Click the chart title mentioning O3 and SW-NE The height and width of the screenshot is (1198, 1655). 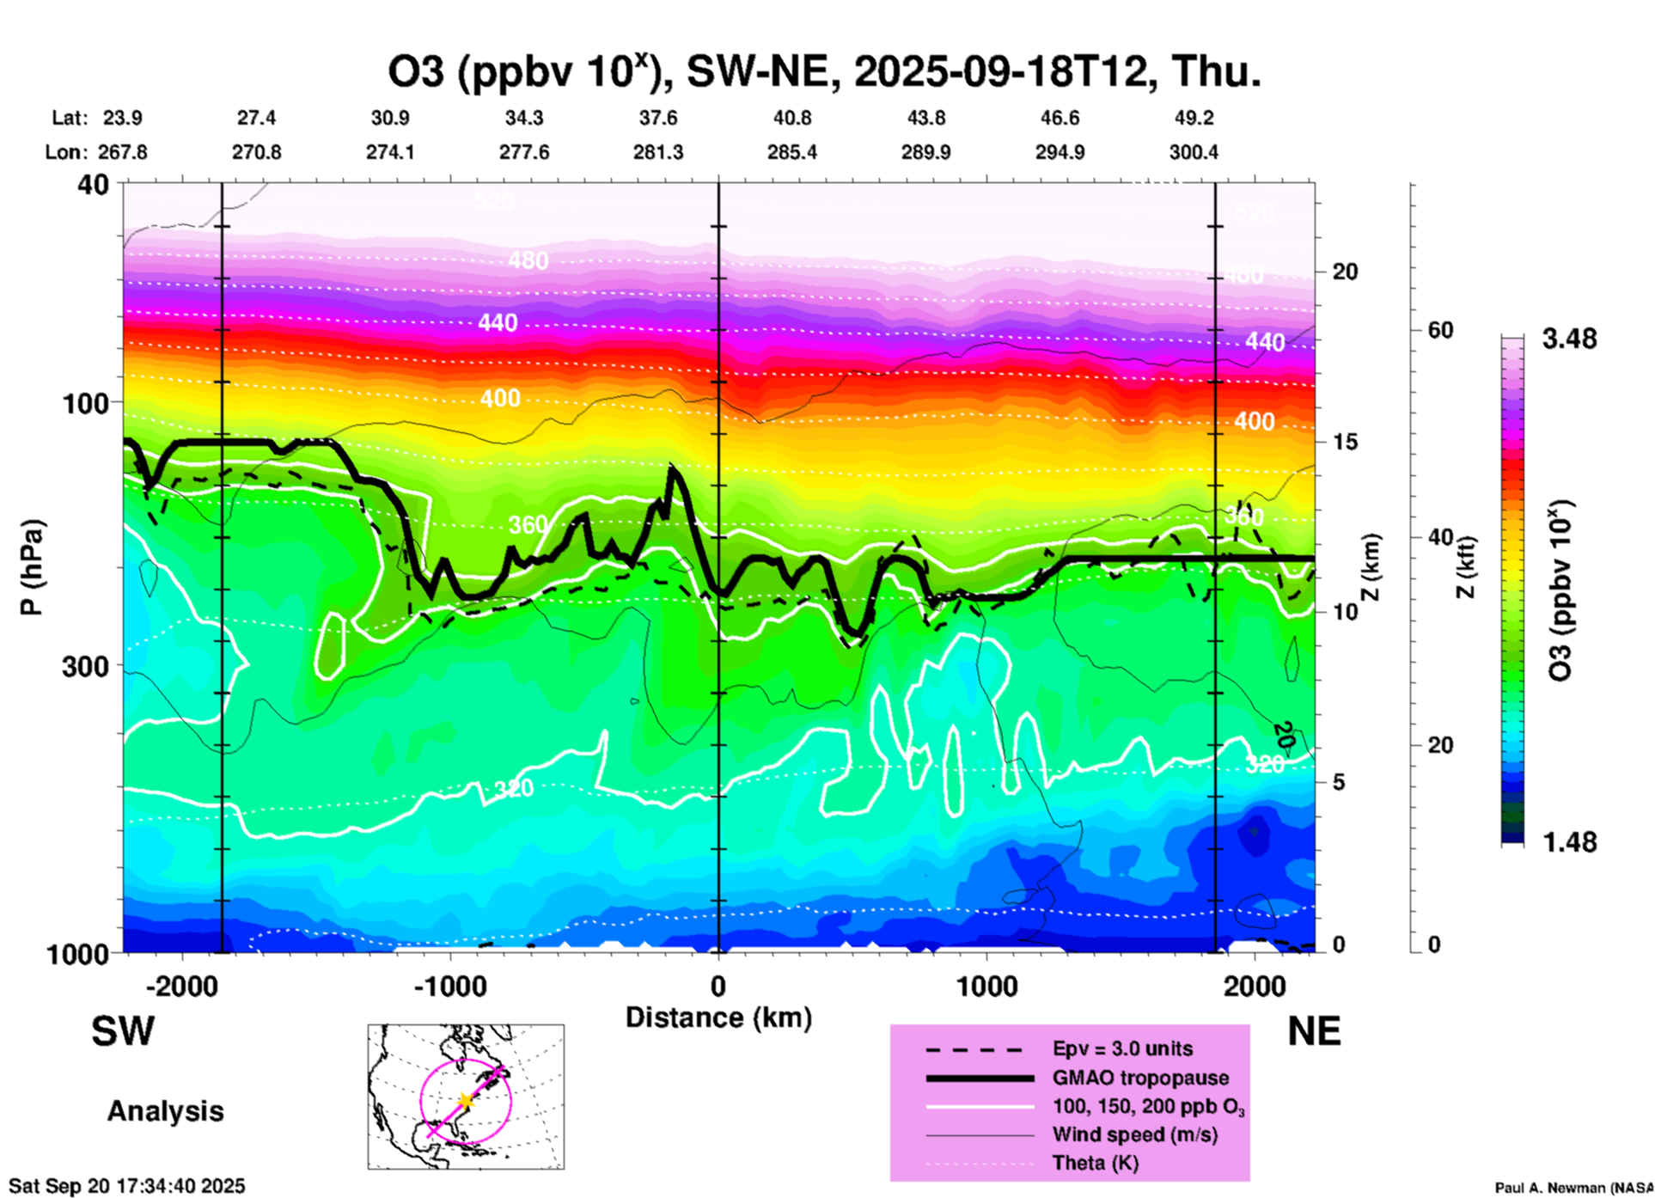pos(824,72)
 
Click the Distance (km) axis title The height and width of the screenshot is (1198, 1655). pos(718,1018)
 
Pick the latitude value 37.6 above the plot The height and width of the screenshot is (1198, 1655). pos(658,118)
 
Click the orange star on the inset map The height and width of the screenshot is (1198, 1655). pos(465,1101)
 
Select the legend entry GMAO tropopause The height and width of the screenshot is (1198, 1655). pos(1140,1078)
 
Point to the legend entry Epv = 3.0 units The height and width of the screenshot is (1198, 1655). pos(1122,1048)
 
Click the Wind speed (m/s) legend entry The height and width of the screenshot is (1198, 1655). pos(1134,1134)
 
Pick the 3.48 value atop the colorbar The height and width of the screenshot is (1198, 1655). pos(1569,339)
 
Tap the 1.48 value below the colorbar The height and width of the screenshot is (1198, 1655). pos(1569,841)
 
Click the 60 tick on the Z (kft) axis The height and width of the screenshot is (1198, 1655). pos(1440,330)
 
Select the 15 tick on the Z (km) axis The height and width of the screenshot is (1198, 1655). pos(1345,442)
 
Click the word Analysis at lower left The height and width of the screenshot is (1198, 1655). pos(165,1111)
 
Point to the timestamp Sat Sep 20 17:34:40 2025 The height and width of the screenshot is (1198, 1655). pos(126,1186)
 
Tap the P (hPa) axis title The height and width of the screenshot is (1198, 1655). pos(32,567)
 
